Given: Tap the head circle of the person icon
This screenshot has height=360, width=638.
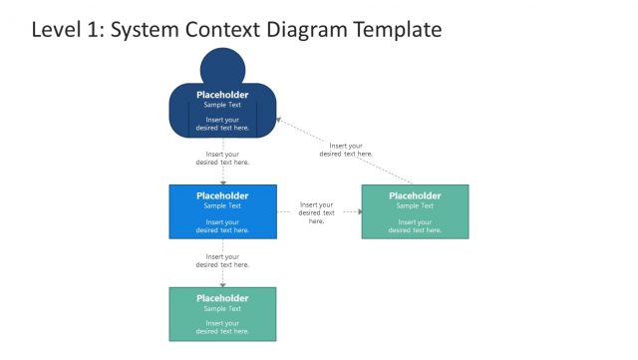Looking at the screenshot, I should (x=222, y=68).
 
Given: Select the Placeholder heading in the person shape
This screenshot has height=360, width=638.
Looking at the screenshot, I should (x=222, y=96).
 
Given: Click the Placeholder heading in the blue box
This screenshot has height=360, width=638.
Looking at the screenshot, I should (x=222, y=195).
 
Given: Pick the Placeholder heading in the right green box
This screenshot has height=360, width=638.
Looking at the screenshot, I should (x=415, y=195).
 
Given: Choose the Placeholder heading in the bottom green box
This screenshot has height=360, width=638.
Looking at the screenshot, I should (x=222, y=298).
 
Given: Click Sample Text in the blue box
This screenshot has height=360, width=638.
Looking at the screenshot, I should (x=222, y=206).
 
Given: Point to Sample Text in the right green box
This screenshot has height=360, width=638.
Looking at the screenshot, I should (x=415, y=206).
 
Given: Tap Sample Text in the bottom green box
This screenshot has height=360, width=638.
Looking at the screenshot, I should (x=222, y=308).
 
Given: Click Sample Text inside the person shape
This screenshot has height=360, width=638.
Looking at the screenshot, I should (x=222, y=106).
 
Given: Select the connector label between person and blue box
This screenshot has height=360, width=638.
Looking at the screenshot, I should (x=222, y=158).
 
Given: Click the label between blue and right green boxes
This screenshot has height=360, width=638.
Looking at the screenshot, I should (x=316, y=212).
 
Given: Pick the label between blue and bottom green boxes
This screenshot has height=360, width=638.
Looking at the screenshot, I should (x=222, y=260).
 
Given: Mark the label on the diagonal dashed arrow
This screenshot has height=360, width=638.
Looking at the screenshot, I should (x=346, y=150).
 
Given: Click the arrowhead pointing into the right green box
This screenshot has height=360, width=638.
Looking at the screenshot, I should (x=359, y=211).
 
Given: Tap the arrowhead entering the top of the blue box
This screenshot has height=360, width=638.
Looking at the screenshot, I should (x=222, y=182).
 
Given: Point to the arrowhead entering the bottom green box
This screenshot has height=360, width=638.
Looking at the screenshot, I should (x=222, y=285).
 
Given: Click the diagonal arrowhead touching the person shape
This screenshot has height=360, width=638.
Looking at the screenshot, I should (x=279, y=119).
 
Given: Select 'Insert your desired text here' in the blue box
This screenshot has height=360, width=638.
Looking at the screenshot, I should (x=222, y=226).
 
